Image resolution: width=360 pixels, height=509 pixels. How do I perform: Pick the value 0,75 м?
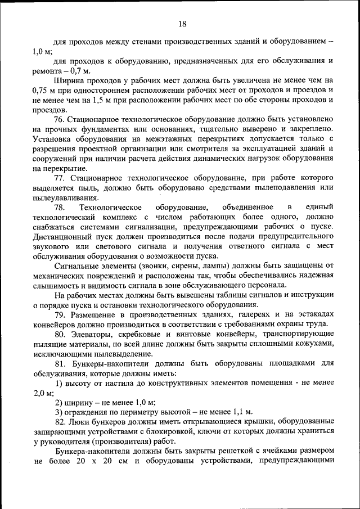[x=45, y=90]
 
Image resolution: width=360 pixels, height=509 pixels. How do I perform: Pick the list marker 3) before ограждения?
[x=59, y=412]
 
